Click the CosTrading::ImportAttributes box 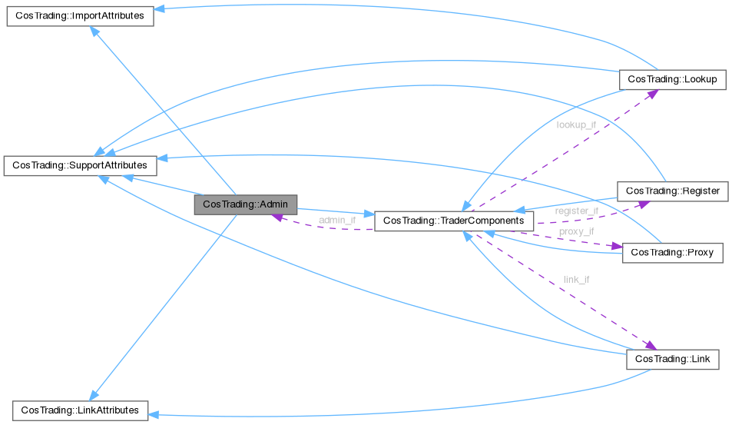pyautogui.click(x=80, y=16)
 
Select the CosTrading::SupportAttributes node pyautogui.click(x=80, y=165)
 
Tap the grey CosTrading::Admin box pyautogui.click(x=245, y=205)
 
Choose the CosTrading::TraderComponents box pyautogui.click(x=452, y=221)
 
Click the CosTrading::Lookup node pyautogui.click(x=671, y=79)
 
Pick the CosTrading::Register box pyautogui.click(x=672, y=191)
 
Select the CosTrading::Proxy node pyautogui.click(x=672, y=253)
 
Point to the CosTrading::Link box pyautogui.click(x=672, y=360)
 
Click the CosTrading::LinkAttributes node pyautogui.click(x=80, y=410)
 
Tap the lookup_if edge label pyautogui.click(x=575, y=125)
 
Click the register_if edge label pyautogui.click(x=577, y=211)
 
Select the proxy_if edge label pyautogui.click(x=576, y=231)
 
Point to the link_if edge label pyautogui.click(x=576, y=279)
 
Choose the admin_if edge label pyautogui.click(x=337, y=221)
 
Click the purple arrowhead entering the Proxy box pyautogui.click(x=615, y=247)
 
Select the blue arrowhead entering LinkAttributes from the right pyautogui.click(x=154, y=413)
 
